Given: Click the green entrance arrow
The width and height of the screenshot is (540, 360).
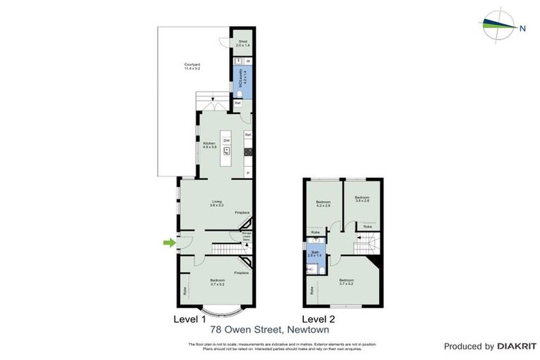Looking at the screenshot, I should [x=169, y=243].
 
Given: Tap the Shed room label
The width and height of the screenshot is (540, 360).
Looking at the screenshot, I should [x=243, y=43].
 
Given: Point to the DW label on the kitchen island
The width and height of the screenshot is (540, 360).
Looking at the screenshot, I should [x=226, y=141].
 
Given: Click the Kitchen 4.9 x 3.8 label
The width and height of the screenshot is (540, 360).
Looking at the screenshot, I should [x=209, y=145].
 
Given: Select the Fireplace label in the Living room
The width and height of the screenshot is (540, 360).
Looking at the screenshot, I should [x=242, y=212].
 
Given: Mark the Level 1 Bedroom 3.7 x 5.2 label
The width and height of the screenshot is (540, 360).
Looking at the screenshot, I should [x=217, y=283].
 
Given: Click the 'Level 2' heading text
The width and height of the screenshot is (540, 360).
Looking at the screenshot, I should [x=320, y=319].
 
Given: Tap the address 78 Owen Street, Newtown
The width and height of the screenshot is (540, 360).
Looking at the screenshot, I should [x=270, y=329].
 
